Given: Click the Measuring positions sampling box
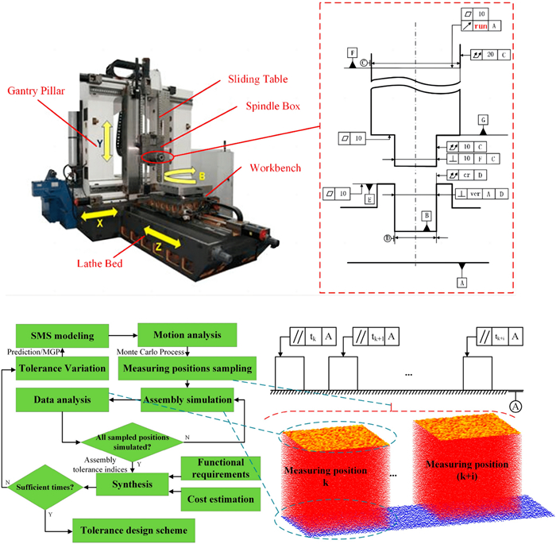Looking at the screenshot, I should [187, 368].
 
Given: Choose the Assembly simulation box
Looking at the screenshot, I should [187, 400].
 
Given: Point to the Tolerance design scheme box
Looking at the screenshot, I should [133, 529].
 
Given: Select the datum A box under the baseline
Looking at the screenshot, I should [461, 282].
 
